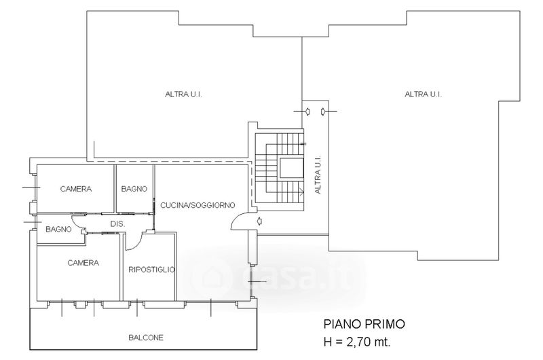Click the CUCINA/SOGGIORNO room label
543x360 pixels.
point(198,205)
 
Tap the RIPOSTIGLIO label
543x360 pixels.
point(151,270)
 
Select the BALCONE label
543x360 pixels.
point(146,338)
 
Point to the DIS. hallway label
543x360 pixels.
point(117,224)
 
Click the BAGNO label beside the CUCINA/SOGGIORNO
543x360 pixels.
point(134,189)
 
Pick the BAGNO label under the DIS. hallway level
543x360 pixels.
point(58,229)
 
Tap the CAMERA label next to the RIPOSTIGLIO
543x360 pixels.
point(83,263)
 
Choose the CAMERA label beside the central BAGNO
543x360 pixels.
point(76,189)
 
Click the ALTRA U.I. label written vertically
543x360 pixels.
point(318,175)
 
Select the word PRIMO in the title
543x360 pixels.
point(384,324)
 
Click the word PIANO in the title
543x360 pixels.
point(342,324)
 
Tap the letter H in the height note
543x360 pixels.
point(327,342)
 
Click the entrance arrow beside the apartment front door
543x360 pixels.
point(259,221)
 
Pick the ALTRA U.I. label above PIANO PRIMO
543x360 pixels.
point(423,94)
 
